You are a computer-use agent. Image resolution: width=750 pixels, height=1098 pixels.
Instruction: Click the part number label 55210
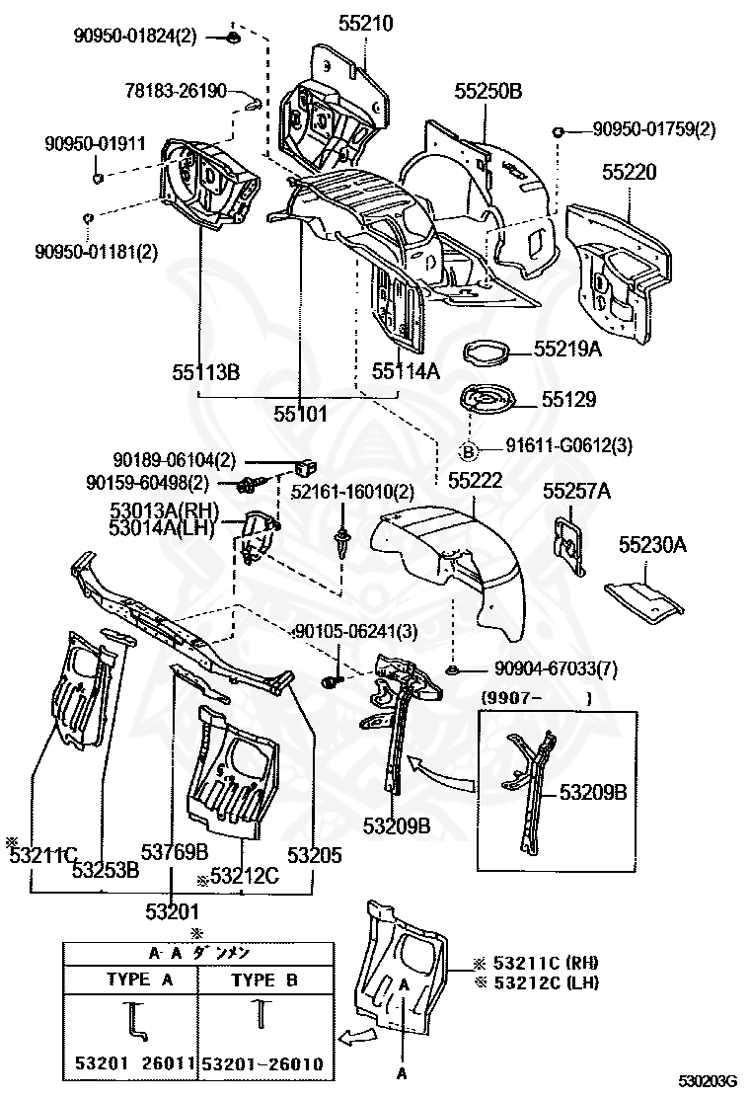(x=366, y=23)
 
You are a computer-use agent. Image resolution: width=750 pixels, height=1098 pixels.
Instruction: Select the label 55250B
(x=488, y=91)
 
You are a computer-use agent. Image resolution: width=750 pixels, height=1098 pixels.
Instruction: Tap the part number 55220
(x=630, y=172)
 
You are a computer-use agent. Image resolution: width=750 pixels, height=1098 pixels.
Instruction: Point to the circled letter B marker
(x=469, y=451)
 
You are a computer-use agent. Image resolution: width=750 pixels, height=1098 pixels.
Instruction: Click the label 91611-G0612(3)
(x=568, y=445)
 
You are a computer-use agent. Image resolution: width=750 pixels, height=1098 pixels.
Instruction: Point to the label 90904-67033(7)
(x=557, y=668)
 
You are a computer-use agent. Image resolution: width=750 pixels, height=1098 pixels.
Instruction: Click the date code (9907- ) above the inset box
(x=536, y=698)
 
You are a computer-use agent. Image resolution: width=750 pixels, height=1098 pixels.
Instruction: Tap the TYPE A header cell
(x=139, y=979)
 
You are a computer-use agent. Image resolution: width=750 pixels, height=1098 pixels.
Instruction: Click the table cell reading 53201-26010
(x=263, y=1063)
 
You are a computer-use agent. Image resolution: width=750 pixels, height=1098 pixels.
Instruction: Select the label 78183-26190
(x=176, y=90)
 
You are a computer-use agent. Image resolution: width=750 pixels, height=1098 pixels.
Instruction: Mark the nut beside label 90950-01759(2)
(x=559, y=131)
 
